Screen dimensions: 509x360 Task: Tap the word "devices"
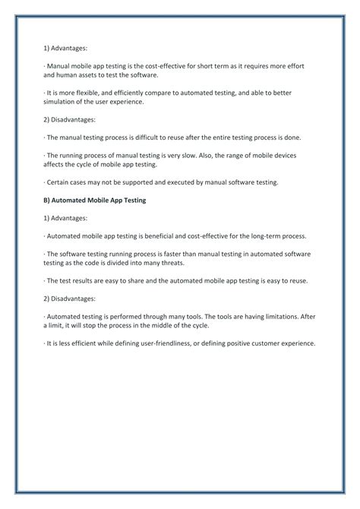click(x=281, y=155)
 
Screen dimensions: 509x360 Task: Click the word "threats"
click(x=185, y=263)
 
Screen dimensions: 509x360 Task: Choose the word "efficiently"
click(x=137, y=93)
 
